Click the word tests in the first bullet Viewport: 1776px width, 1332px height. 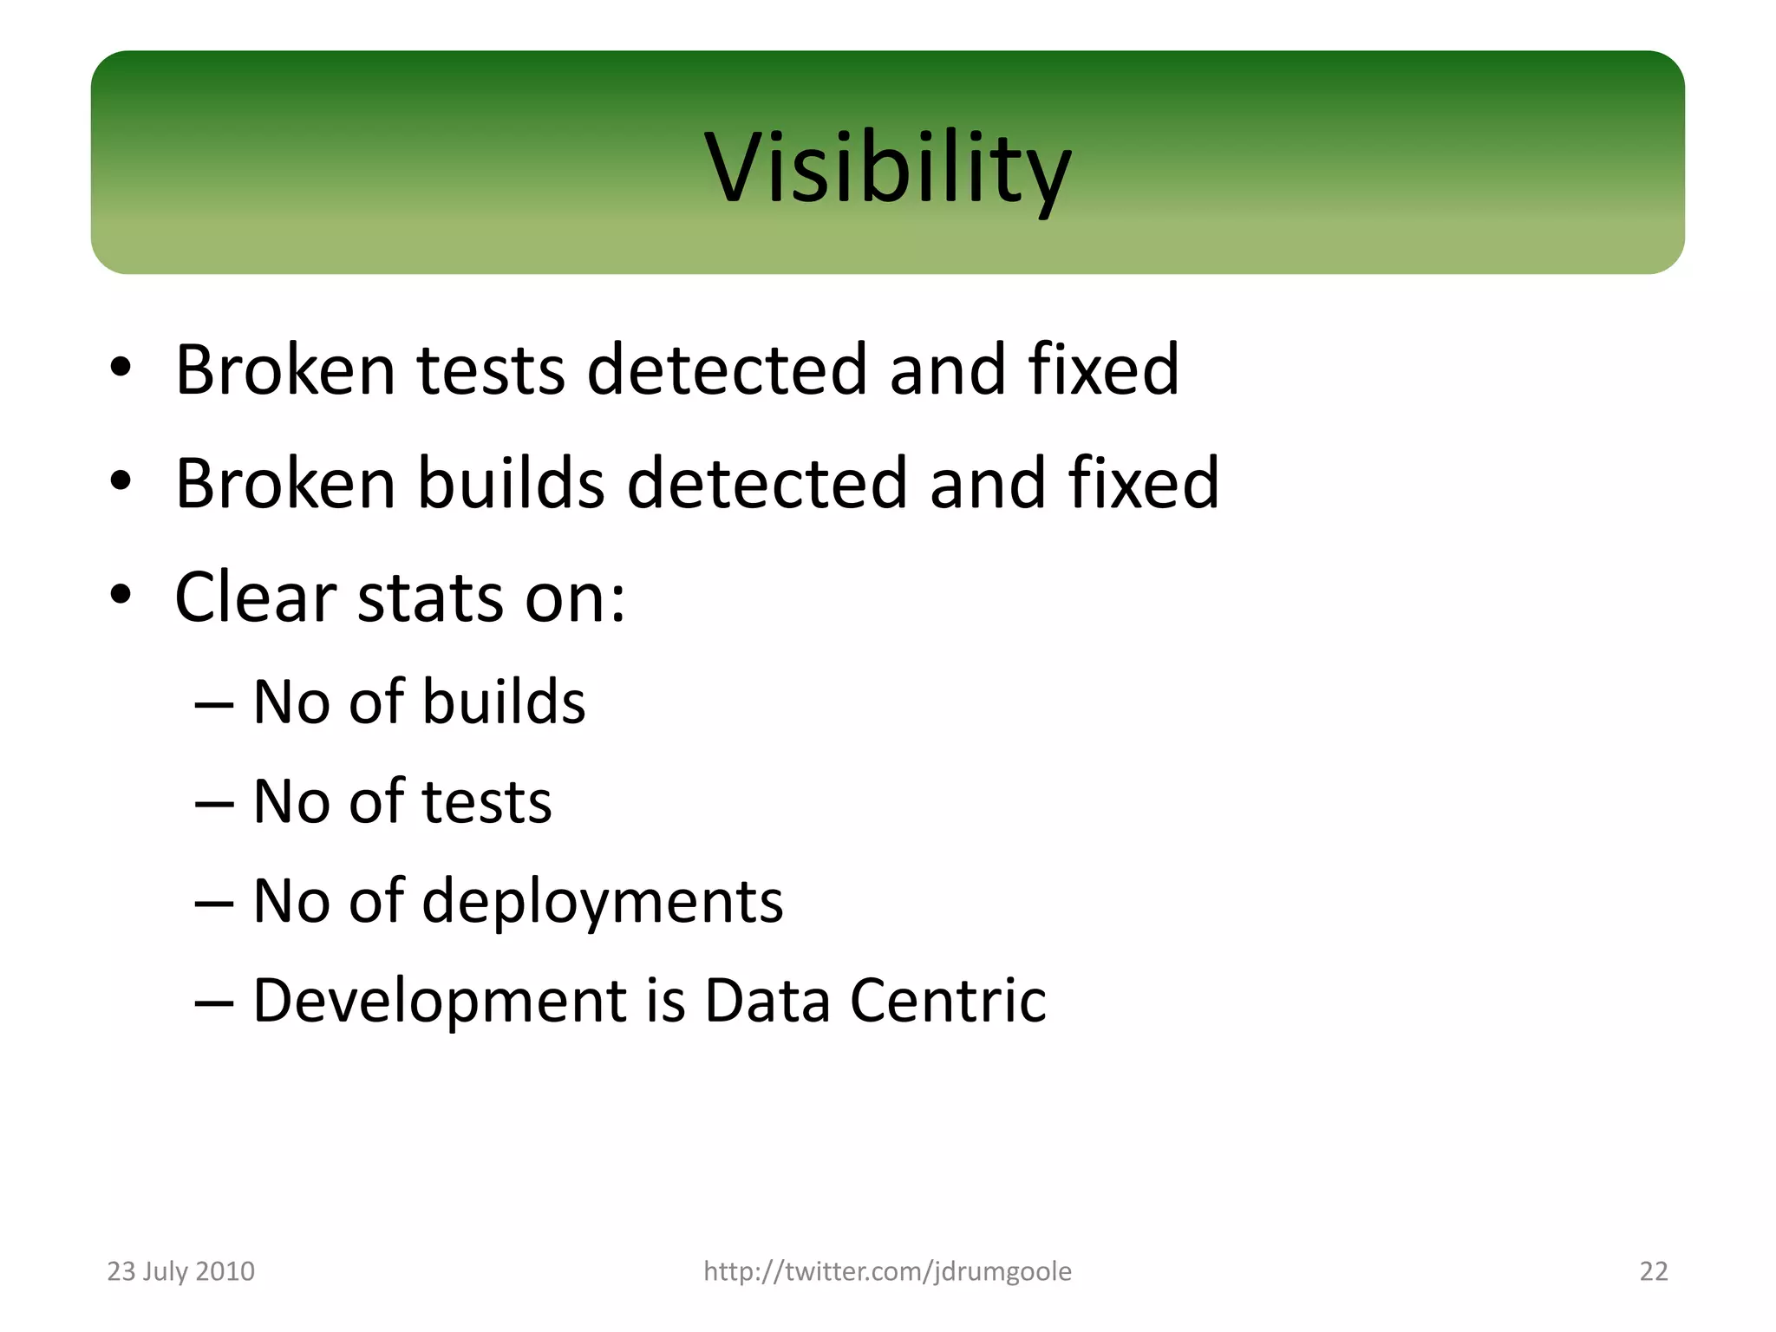point(491,370)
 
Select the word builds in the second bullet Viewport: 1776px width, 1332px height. point(511,484)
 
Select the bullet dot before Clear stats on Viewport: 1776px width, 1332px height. point(121,596)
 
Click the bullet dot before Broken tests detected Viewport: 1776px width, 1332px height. point(121,368)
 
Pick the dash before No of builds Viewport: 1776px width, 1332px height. point(214,704)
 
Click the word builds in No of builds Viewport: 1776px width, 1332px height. point(504,702)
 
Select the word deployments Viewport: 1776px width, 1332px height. point(602,903)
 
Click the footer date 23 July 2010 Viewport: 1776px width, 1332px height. point(180,1271)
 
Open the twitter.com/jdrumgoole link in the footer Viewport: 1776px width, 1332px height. point(887,1271)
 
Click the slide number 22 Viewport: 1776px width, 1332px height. point(1653,1271)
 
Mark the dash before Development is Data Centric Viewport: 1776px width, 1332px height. point(214,1003)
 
